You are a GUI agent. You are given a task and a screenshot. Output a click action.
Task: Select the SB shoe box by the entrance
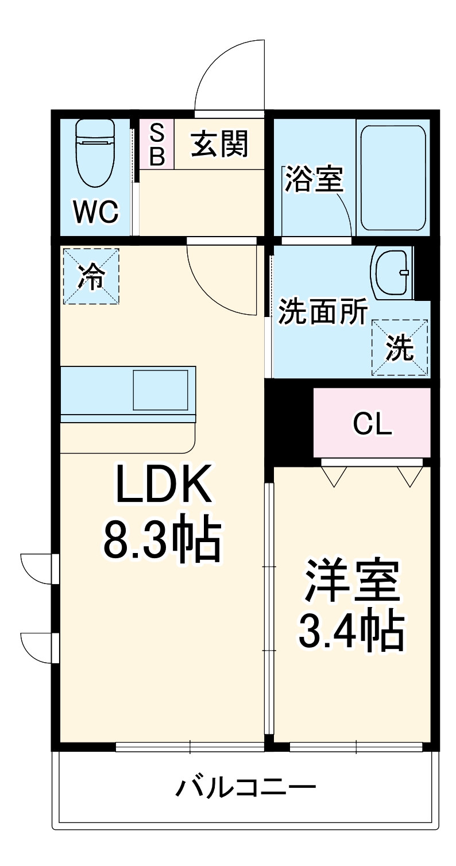tap(157, 144)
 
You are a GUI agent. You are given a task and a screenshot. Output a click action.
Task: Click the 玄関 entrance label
tap(220, 144)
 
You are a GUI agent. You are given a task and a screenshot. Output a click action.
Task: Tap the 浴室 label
tap(314, 179)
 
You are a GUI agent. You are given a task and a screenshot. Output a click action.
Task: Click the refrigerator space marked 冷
tap(91, 276)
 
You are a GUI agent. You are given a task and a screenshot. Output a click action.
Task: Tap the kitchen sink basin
tap(161, 390)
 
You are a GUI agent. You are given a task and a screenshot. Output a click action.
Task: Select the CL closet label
tap(372, 424)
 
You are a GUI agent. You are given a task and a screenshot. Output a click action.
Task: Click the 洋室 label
tap(351, 581)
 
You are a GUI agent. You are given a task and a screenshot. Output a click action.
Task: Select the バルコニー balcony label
tap(245, 787)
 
